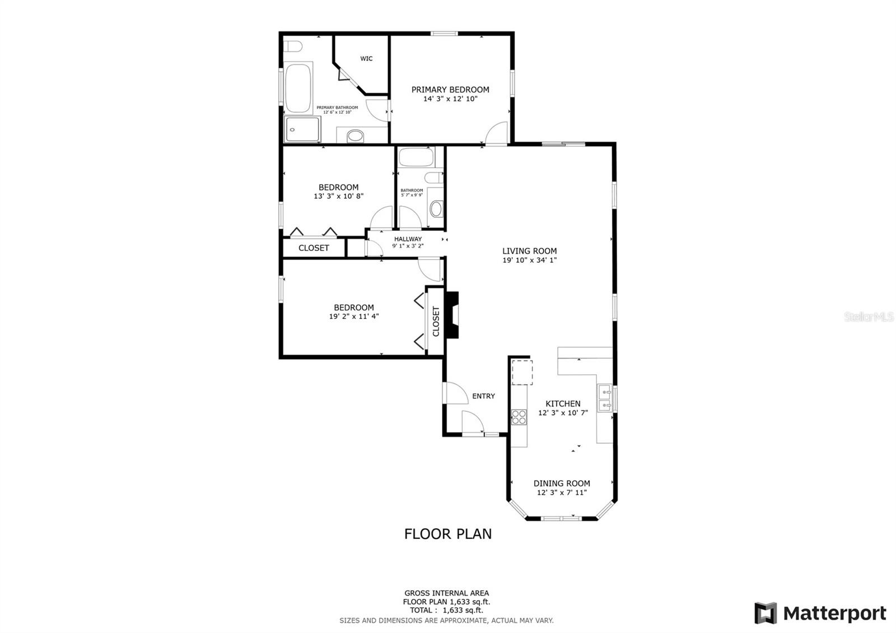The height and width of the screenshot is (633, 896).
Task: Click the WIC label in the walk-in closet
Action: coord(366,59)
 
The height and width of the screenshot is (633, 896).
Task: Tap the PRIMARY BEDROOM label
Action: coord(450,90)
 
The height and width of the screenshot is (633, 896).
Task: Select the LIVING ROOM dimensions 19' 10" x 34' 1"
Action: coord(529,260)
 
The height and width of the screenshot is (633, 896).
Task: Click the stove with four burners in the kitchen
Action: coord(519,417)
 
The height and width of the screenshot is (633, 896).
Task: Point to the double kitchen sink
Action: coord(604,398)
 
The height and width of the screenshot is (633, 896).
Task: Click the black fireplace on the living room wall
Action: coord(452,315)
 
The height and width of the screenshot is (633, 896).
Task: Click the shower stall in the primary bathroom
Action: coord(302,129)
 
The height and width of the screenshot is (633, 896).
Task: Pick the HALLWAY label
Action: coord(408,239)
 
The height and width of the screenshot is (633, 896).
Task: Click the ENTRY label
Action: coord(483,396)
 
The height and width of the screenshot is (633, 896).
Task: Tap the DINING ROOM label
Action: coord(562,483)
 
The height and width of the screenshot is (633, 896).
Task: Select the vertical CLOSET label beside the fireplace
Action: coord(436,321)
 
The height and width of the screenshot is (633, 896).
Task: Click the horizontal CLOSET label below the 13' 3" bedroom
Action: coord(314,248)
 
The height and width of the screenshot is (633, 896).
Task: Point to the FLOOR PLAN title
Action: coord(448,534)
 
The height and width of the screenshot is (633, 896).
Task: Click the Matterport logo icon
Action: coord(766,613)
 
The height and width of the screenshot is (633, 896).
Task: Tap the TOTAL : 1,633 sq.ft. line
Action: coord(446,611)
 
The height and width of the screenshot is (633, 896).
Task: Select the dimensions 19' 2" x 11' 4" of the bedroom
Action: coord(354,316)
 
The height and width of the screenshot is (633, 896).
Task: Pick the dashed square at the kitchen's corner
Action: coord(522,373)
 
